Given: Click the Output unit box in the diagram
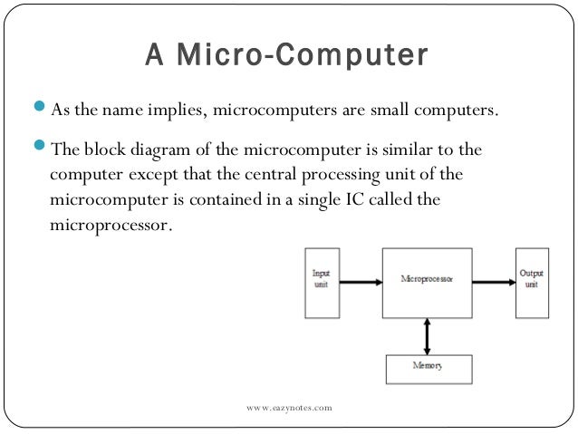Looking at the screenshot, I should [x=533, y=282].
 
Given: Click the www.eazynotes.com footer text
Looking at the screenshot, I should [x=289, y=410].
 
